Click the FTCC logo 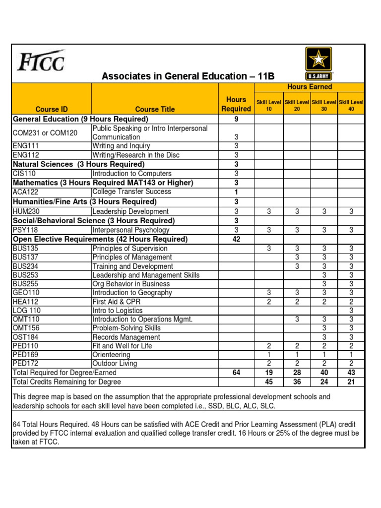click(41, 61)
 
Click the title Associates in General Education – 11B click(188, 76)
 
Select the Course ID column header click(52, 109)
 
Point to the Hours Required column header click(236, 104)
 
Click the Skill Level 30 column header click(324, 105)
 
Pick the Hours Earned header click(309, 87)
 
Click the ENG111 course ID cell click(26, 146)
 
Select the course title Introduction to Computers click(132, 174)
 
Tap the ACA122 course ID click(26, 192)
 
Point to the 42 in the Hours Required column click(236, 239)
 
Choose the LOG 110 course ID click(27, 311)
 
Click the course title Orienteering click(112, 355)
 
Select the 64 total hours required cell click(236, 373)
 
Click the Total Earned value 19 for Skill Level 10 click(268, 373)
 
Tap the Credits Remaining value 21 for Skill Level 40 click(351, 382)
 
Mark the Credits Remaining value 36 click(297, 382)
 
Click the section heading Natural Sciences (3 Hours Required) click(79, 164)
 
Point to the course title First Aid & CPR click(116, 302)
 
